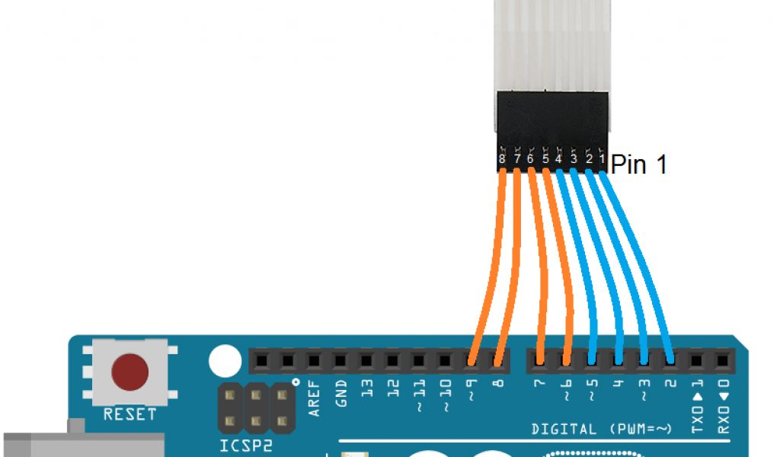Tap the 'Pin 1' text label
coord(638,165)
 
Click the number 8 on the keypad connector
coord(501,160)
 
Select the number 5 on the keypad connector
coord(545,160)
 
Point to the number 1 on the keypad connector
coord(603,160)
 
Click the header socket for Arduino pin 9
coord(472,360)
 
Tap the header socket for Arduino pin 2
coord(670,360)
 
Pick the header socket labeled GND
coord(340,360)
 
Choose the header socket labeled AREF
coord(314,360)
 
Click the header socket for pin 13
coord(366,360)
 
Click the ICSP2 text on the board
coord(245,446)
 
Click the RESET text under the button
coord(129,414)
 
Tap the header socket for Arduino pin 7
coord(539,360)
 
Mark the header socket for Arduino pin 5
coord(592,360)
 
